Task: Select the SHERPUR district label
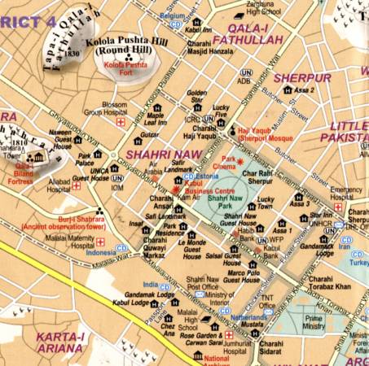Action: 301,78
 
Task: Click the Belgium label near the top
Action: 172,15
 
